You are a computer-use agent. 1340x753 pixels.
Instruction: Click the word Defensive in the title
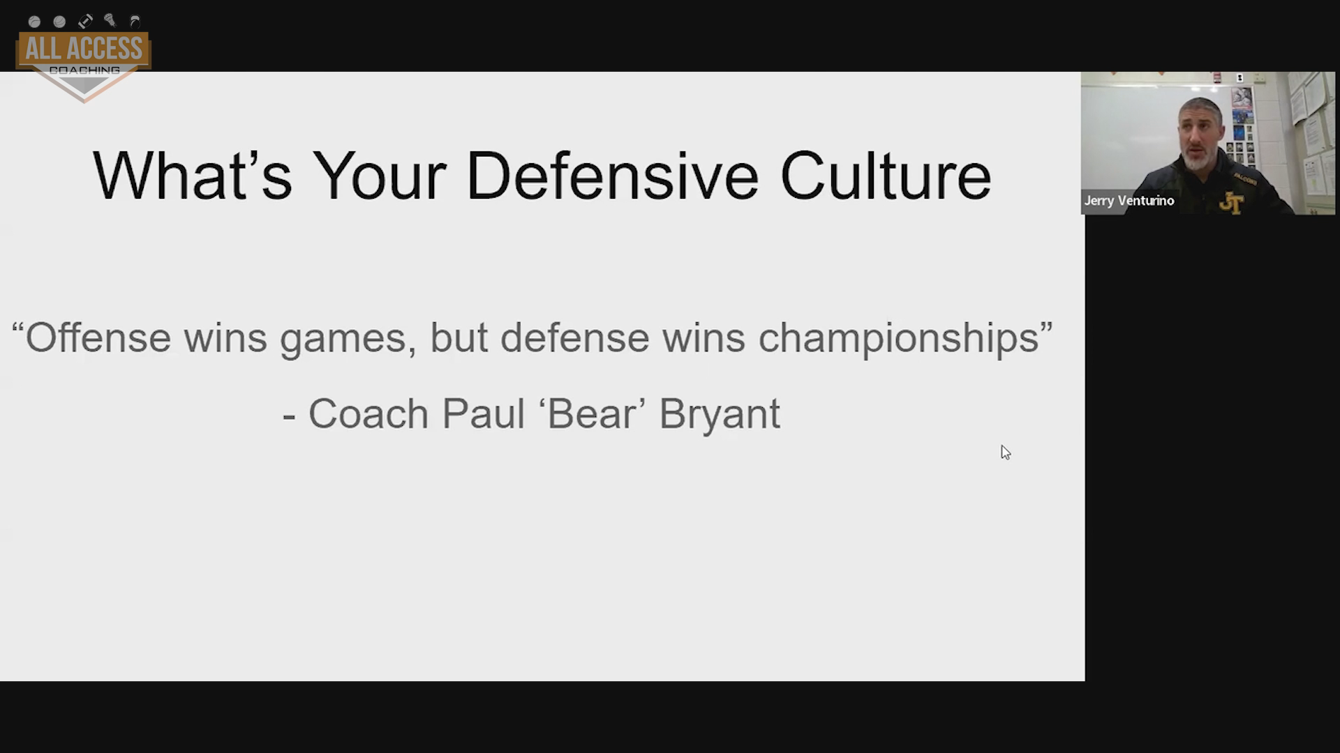(612, 176)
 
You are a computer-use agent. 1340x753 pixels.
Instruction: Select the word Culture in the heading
(885, 176)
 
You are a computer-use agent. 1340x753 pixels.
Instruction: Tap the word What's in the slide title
(192, 176)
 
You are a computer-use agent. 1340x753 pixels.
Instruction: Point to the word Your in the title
(379, 176)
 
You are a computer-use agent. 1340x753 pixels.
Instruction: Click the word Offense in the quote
(98, 337)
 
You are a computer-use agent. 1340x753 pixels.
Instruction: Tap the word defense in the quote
(575, 337)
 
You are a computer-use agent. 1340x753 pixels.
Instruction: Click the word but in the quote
(459, 337)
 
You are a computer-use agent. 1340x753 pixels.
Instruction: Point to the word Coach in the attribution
(368, 413)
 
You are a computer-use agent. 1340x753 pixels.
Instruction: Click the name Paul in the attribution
(483, 413)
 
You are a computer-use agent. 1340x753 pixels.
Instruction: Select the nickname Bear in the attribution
(592, 413)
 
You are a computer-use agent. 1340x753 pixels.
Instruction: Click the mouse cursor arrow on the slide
(1005, 452)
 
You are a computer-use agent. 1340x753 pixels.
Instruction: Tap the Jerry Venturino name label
(1129, 201)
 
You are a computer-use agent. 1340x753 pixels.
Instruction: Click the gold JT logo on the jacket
(1232, 203)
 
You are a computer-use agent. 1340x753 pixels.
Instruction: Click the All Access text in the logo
(84, 49)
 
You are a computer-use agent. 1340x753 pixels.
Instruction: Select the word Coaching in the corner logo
(84, 70)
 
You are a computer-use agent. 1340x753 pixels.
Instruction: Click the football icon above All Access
(85, 21)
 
